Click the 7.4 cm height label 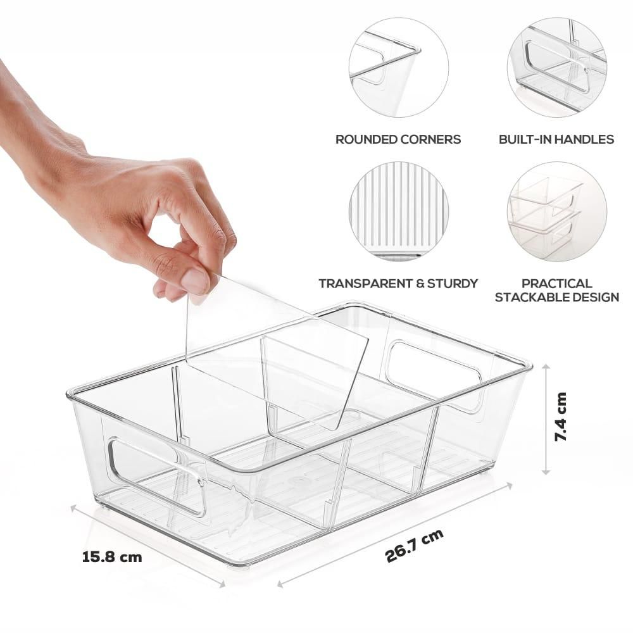(561, 417)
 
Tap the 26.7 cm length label (414, 546)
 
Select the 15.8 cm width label (112, 558)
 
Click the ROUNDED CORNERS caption (398, 139)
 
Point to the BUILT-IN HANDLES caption (556, 139)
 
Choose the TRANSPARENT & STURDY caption (398, 284)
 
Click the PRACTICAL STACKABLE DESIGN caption (556, 290)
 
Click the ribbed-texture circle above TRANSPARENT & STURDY (398, 211)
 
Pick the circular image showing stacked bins (556, 211)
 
